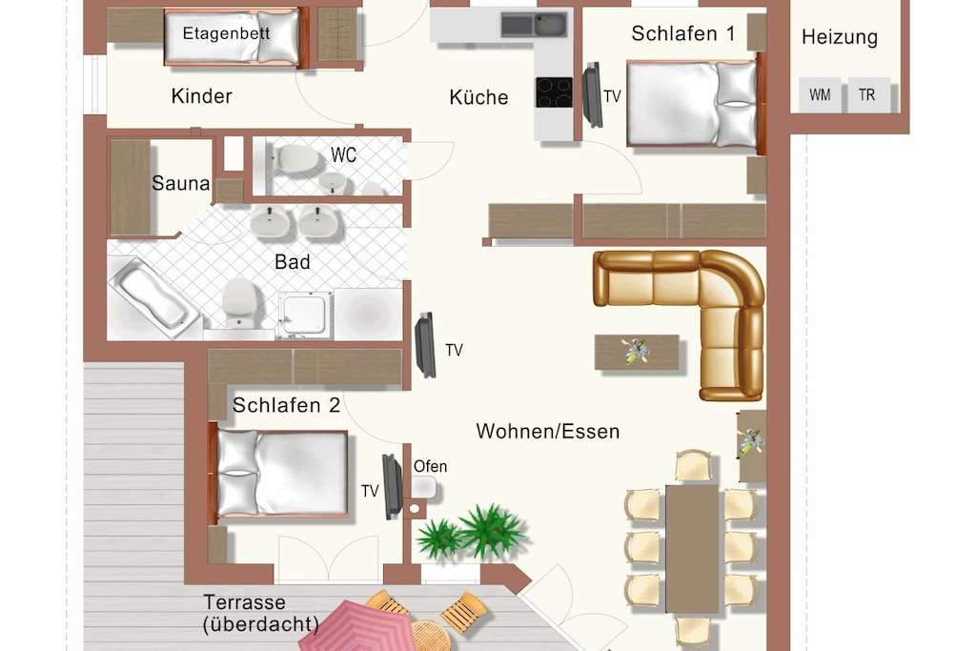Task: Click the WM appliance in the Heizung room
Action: (x=820, y=95)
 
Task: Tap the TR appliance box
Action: (x=867, y=95)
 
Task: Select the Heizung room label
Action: (x=840, y=37)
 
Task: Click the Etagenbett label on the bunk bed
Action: (x=226, y=33)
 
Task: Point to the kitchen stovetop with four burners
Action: (x=554, y=92)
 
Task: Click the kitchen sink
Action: (x=534, y=26)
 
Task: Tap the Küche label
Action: (x=478, y=97)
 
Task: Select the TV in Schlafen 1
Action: (x=592, y=95)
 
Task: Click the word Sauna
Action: (x=180, y=183)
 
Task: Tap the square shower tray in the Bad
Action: (x=305, y=315)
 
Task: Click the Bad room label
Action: (x=292, y=262)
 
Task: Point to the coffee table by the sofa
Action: (x=637, y=353)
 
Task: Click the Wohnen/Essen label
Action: (x=548, y=432)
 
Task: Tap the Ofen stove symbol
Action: (x=423, y=487)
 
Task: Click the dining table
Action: (x=692, y=548)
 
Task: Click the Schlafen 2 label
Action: (x=286, y=405)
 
